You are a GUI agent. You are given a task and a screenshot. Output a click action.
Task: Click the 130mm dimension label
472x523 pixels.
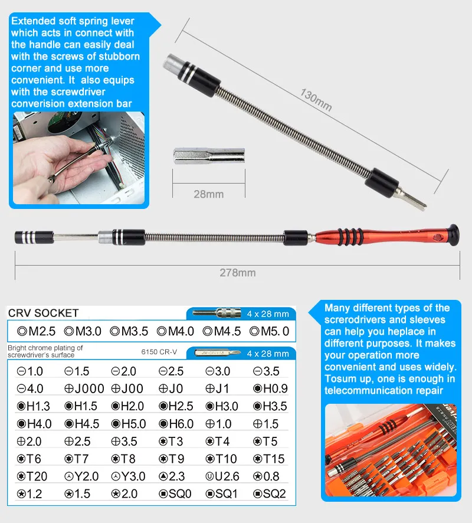click(x=316, y=100)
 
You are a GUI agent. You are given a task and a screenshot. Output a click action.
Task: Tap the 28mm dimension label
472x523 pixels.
click(x=208, y=194)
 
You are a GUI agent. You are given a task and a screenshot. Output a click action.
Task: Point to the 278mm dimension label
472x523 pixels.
click(x=237, y=273)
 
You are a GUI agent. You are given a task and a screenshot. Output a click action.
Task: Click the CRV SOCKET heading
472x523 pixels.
click(x=44, y=313)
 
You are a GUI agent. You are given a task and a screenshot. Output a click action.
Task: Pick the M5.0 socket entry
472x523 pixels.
click(x=270, y=331)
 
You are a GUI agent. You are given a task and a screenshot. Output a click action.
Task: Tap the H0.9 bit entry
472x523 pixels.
click(x=270, y=389)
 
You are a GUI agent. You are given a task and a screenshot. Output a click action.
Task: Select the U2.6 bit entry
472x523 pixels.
click(x=222, y=476)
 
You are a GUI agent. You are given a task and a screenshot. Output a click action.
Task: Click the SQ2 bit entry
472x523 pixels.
click(x=270, y=494)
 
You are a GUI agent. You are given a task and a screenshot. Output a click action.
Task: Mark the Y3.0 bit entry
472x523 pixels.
click(x=129, y=476)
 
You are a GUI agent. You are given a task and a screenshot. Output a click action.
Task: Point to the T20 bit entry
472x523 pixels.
click(x=32, y=476)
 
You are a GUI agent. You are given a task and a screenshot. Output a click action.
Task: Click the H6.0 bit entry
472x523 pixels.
click(x=176, y=424)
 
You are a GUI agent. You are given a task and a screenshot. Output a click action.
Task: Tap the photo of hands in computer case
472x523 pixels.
click(x=78, y=158)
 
